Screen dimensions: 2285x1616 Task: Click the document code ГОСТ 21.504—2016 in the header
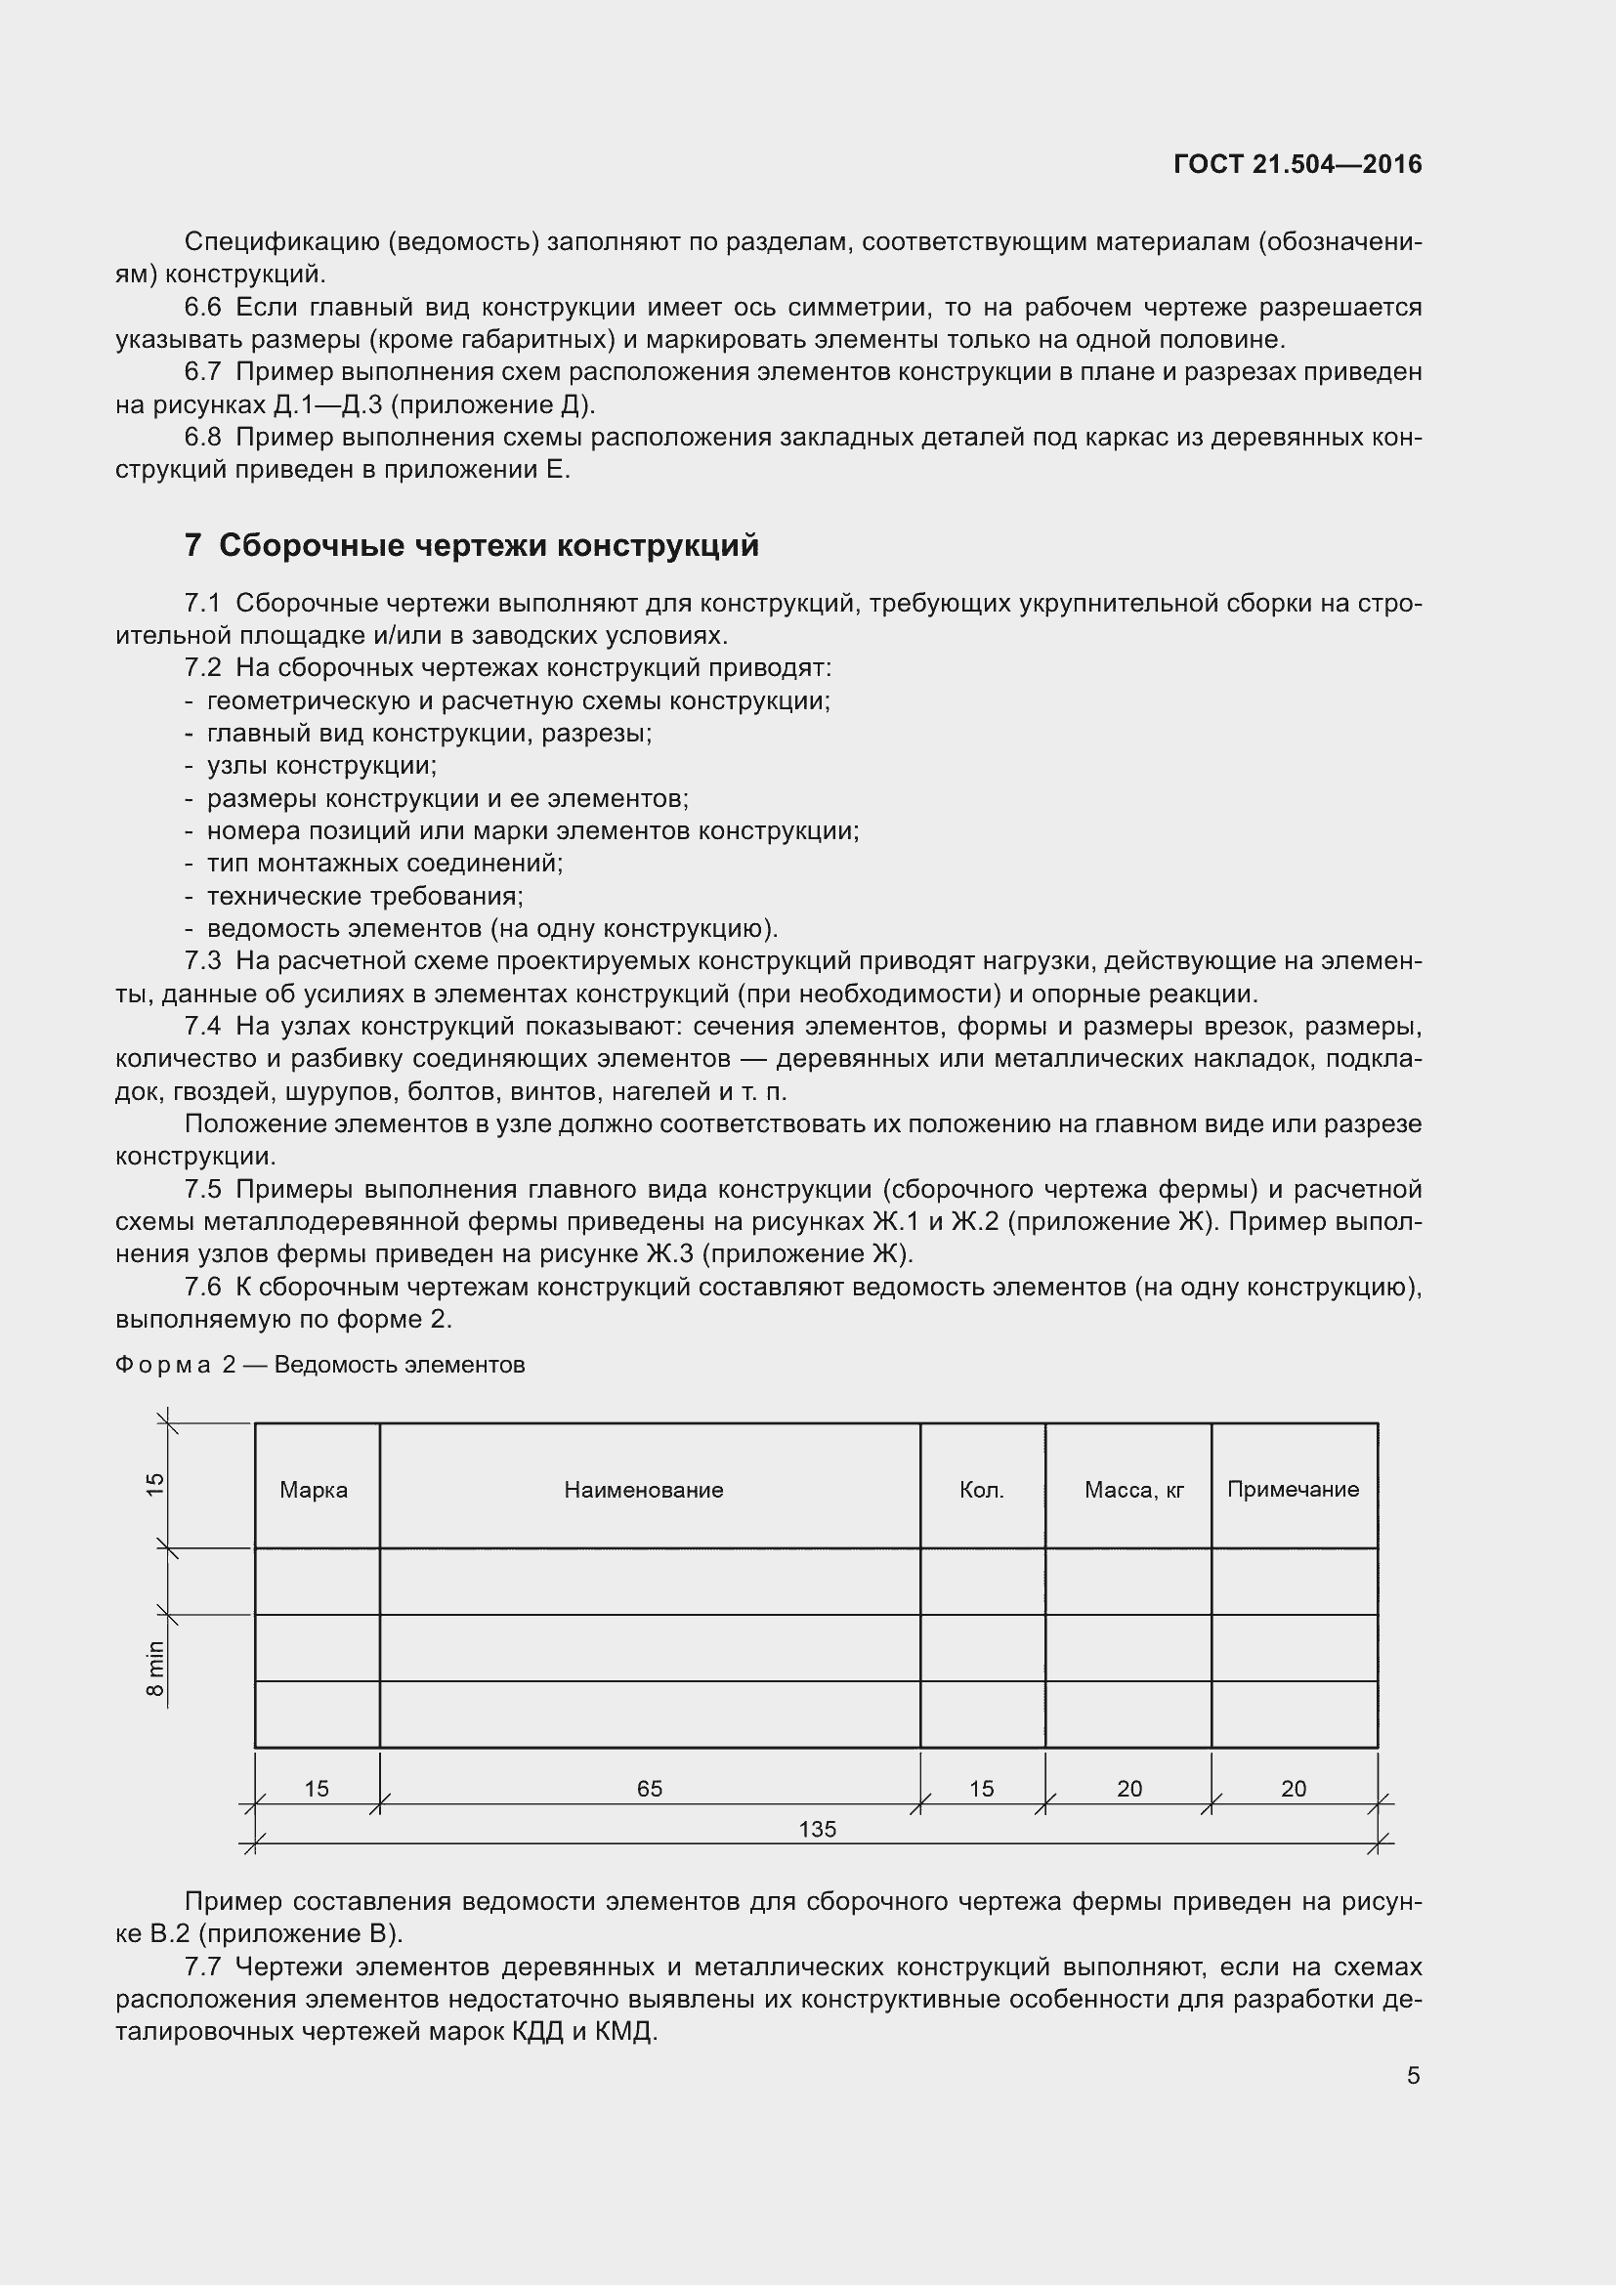1297,164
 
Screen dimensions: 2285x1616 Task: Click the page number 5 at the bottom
1413,2075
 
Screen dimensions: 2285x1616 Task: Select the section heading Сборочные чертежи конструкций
489,545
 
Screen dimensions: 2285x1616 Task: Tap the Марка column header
314,1490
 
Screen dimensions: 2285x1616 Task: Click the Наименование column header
643,1490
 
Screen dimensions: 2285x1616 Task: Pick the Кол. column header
981,1490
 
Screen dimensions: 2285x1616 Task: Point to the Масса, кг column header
1133,1490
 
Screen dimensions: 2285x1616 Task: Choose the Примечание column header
1293,1489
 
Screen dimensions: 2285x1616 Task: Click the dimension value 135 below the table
817,1829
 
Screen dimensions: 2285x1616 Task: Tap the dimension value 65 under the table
649,1789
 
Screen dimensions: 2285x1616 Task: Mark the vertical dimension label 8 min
155,1669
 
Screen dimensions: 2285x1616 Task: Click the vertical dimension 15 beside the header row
155,1484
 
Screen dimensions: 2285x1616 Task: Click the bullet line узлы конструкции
321,765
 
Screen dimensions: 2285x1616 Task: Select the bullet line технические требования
364,896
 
